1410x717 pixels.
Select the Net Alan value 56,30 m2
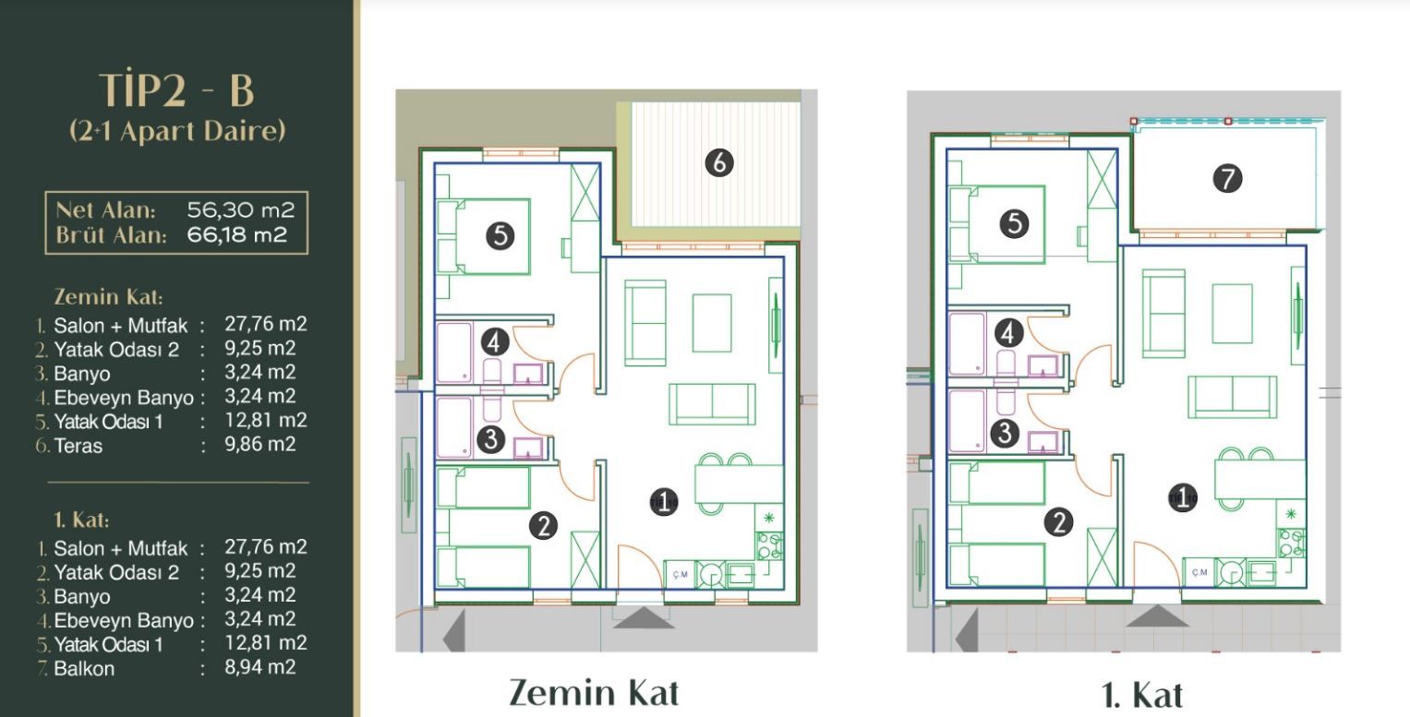[240, 210]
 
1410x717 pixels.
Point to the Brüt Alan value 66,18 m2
[237, 235]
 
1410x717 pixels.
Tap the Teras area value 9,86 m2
[260, 444]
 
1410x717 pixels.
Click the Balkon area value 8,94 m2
[260, 666]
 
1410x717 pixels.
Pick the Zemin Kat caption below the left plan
[594, 693]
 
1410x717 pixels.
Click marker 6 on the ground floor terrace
[718, 163]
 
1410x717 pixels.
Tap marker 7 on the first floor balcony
[1227, 178]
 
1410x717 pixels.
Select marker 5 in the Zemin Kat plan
[500, 236]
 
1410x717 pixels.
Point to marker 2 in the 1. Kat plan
[1059, 522]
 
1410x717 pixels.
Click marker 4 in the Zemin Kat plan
[495, 342]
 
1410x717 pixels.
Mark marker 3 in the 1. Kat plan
[1005, 433]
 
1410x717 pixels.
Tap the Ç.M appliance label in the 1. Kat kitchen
[1199, 572]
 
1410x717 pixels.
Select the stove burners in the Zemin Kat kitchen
[770, 545]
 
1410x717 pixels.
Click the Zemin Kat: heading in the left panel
[108, 297]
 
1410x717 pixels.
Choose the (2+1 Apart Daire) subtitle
[177, 131]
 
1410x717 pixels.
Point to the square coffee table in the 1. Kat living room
[1233, 313]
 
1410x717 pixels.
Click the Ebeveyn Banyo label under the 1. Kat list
[124, 621]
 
